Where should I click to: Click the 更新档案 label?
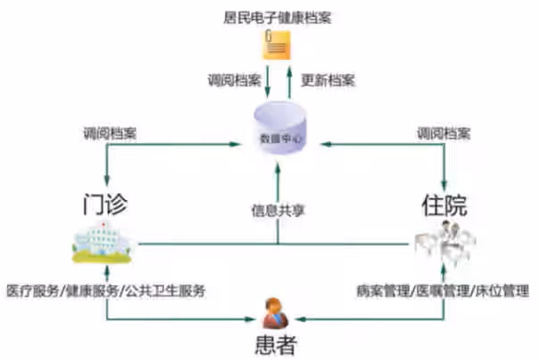coord(328,80)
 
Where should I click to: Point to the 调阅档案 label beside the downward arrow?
coord(234,80)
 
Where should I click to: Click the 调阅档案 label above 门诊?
coord(110,133)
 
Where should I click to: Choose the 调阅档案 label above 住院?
coord(444,133)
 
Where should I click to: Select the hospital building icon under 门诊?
coord(105,242)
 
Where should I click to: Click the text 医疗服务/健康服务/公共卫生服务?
coord(106,290)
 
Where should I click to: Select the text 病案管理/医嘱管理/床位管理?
coord(442,290)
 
